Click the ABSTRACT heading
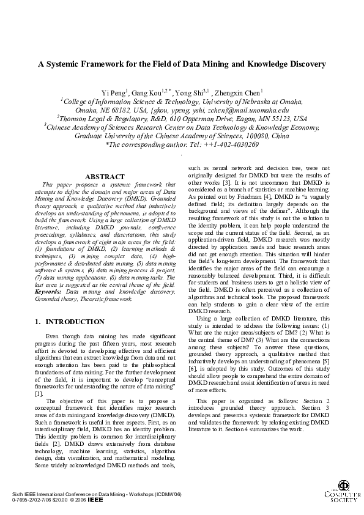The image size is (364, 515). (106, 177)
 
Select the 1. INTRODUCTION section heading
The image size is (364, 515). (70, 322)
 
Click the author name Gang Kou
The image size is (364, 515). (148, 92)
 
